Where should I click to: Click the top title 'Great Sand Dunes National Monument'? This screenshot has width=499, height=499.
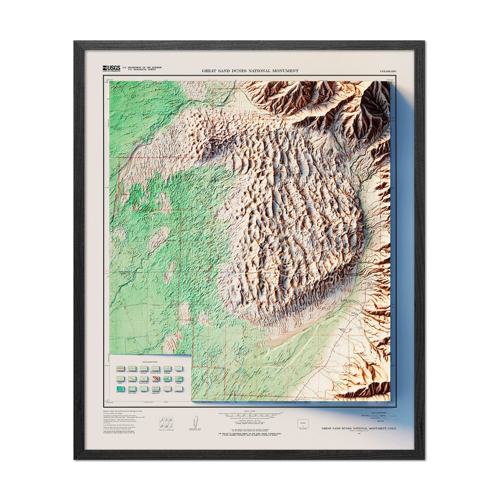tap(250, 71)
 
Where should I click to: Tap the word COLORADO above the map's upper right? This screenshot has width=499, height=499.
tap(388, 71)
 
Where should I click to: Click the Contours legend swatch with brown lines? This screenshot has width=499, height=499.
tap(155, 379)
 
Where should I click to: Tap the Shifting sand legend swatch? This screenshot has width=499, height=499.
tap(179, 389)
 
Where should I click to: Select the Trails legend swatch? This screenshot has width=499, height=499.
tap(179, 369)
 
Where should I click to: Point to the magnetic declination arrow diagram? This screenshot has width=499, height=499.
tap(193, 423)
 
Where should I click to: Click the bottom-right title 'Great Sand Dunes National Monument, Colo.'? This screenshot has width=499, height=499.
tap(359, 428)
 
